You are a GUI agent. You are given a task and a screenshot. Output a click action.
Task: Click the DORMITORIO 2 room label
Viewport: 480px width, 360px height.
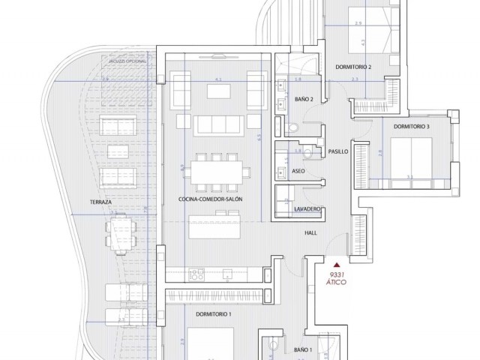[354, 67]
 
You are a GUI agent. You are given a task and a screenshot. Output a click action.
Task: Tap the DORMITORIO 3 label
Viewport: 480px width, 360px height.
[411, 127]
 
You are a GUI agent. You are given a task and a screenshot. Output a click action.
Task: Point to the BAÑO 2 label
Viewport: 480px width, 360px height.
[304, 99]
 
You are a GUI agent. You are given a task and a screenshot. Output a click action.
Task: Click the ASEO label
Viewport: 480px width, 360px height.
[298, 172]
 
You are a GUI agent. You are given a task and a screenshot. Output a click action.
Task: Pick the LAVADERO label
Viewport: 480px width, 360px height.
[308, 208]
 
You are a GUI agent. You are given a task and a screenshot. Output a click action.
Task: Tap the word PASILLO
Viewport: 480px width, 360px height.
[338, 151]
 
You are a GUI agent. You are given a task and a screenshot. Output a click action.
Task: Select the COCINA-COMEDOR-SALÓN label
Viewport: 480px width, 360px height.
[211, 199]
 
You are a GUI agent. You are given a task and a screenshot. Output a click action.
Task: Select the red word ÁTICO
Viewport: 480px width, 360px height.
[337, 283]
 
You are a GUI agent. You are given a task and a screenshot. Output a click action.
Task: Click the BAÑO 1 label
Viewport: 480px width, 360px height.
[303, 350]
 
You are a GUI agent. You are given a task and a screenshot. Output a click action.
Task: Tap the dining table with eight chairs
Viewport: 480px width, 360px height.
[215, 172]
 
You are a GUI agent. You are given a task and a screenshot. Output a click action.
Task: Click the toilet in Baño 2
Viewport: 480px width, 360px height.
[295, 129]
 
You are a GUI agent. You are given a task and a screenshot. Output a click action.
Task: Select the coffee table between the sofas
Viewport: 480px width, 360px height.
[219, 91]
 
